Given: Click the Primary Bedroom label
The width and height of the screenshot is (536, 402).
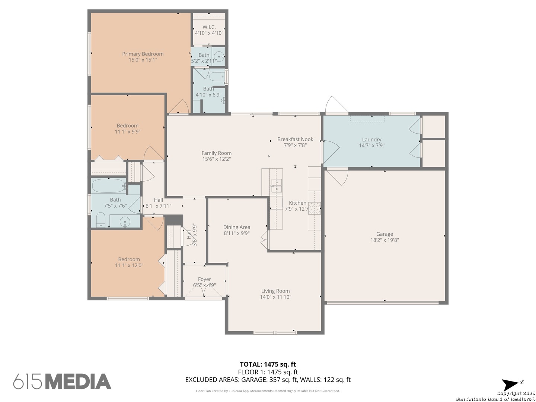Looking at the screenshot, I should tap(143, 54).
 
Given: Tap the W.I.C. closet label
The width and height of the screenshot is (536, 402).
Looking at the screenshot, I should tap(209, 27).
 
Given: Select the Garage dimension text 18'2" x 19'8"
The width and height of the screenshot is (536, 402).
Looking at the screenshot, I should tap(385, 240).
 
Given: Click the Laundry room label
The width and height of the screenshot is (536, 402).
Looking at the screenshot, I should tap(371, 140).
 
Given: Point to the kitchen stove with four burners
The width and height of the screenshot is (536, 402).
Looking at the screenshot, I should tap(315, 208).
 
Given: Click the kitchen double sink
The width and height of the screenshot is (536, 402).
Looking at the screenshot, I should tap(276, 185).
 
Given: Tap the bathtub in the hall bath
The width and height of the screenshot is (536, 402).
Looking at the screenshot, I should tap(109, 185).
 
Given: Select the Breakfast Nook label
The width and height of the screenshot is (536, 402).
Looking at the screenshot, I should tap(295, 139).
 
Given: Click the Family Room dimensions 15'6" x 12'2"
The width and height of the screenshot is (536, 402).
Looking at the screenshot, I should tap(216, 159).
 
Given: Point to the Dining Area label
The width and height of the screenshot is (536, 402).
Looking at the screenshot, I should tap(236, 227).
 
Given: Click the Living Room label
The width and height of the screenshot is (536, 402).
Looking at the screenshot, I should tap(275, 291).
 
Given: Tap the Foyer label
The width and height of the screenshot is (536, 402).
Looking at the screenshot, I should tap(204, 279).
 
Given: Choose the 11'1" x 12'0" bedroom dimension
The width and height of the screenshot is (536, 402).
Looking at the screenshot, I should tap(129, 265).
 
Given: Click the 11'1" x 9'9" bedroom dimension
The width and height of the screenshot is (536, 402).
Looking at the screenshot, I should tap(127, 131).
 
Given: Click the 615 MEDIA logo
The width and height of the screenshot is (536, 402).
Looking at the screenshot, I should tap(62, 382).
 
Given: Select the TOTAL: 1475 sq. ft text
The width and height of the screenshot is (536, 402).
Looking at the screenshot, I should tap(268, 364).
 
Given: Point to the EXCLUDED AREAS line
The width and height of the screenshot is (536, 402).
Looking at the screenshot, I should tap(268, 380).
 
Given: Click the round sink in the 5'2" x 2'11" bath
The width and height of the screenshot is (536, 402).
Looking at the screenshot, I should tap(220, 57).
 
